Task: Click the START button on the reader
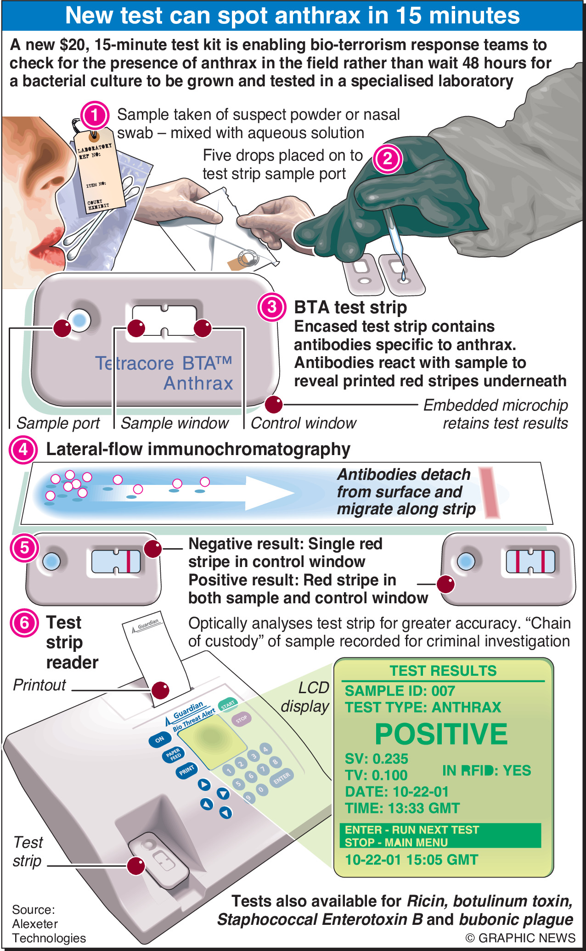[227, 704]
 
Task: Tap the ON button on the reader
[159, 739]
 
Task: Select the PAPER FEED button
[173, 755]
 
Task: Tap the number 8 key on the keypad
[275, 762]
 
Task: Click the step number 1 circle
[95, 115]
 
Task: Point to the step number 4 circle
[23, 450]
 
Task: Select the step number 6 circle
[24, 623]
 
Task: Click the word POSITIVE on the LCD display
[441, 734]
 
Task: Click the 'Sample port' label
[58, 423]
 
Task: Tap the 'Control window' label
[303, 423]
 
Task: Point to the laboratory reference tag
[99, 172]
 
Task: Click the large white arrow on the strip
[257, 493]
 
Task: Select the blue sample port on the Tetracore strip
[80, 320]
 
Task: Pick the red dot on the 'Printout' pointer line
[160, 690]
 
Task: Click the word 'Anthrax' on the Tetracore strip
[198, 383]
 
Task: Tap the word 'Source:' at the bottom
[33, 909]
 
